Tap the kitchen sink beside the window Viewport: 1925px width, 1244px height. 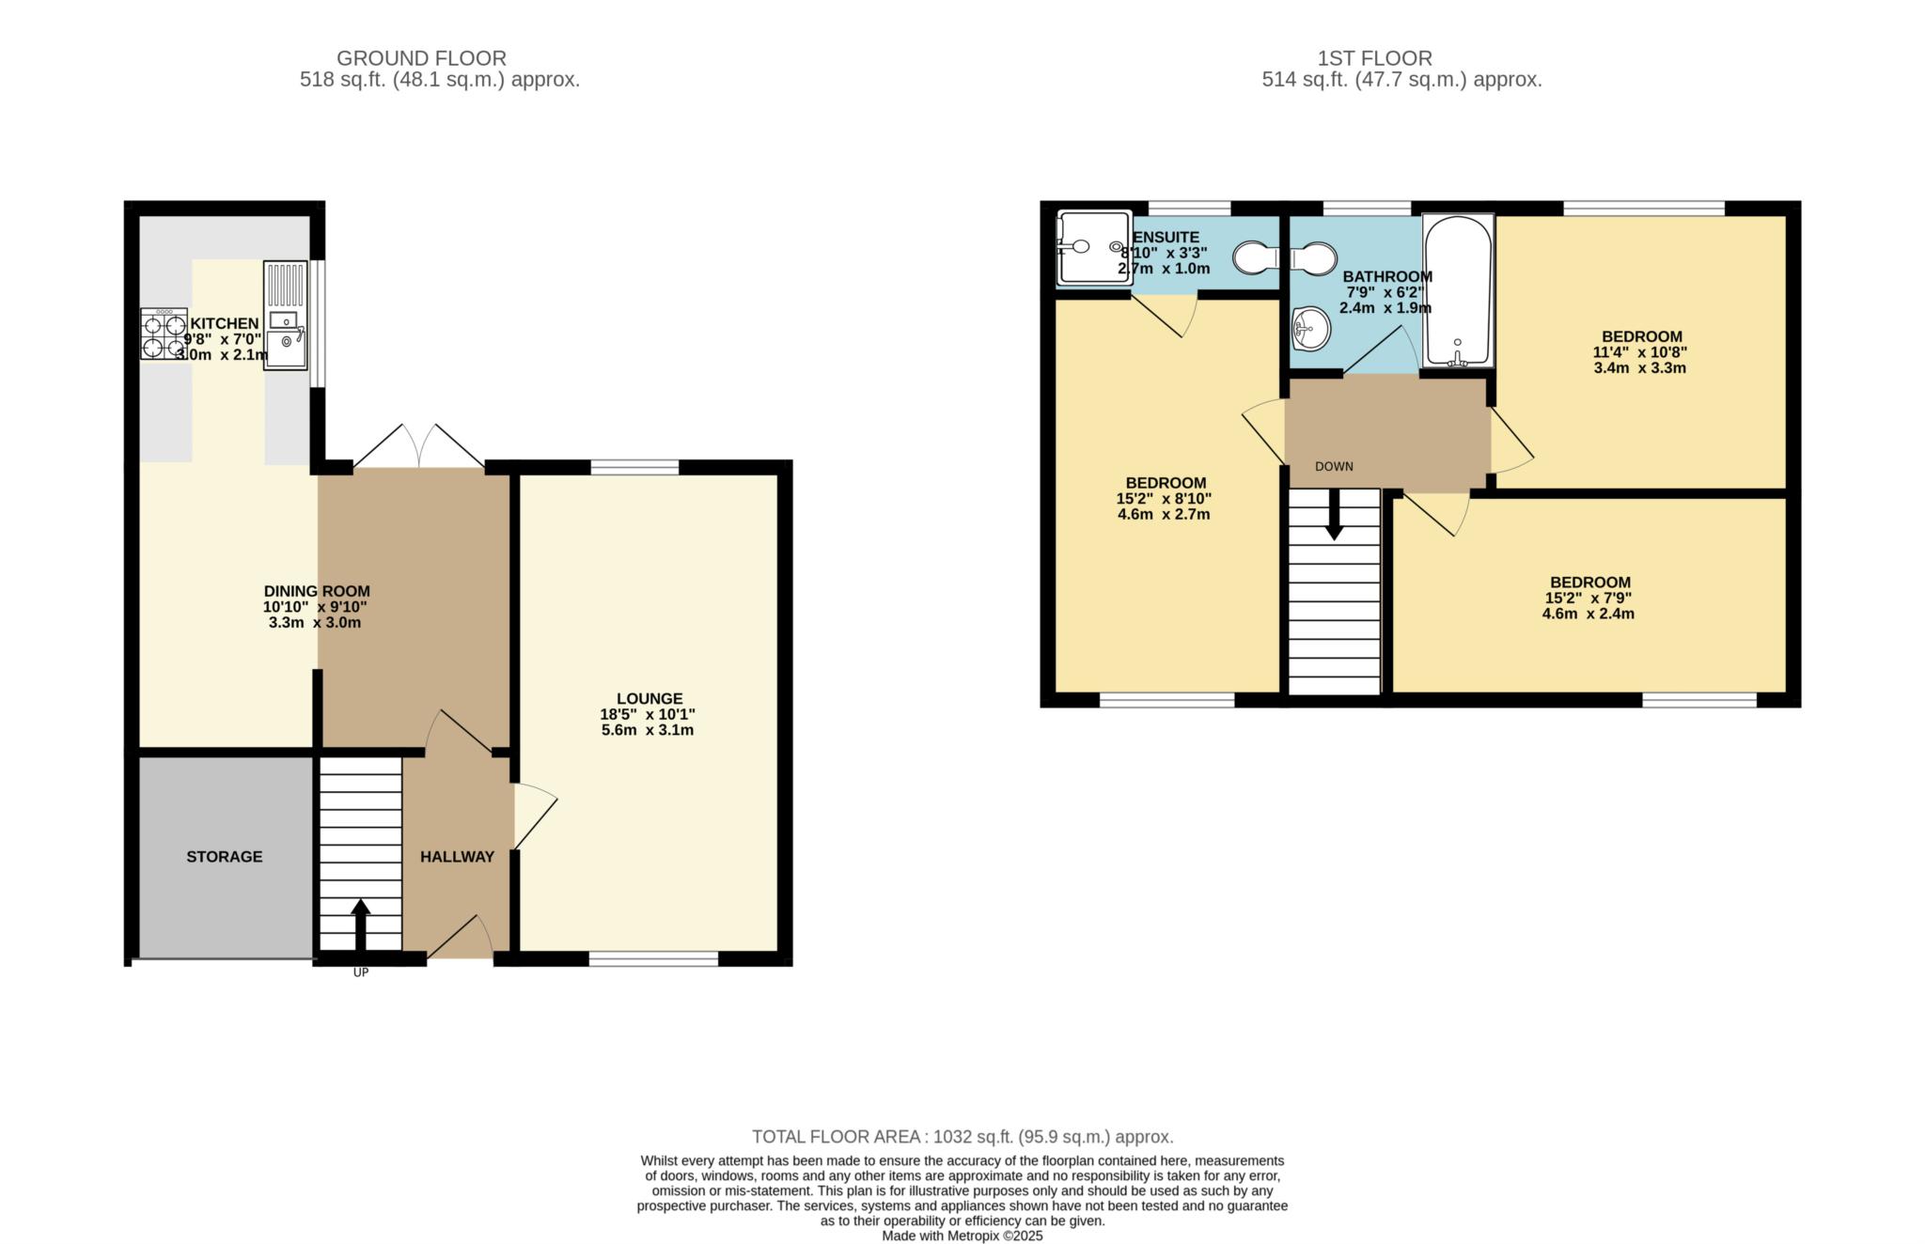coord(286,315)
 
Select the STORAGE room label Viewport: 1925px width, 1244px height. coord(225,857)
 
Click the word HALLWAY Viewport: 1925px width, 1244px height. coord(457,857)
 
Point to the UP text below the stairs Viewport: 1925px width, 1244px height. coord(361,972)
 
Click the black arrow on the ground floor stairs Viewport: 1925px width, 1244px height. coord(360,925)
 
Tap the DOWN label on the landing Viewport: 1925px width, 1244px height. coord(1334,467)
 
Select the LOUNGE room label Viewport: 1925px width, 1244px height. coord(649,698)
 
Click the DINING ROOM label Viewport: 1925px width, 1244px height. coord(317,591)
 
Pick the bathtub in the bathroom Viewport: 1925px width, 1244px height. coord(1458,290)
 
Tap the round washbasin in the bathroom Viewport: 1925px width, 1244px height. coord(1311,329)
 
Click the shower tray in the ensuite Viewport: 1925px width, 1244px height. coord(1095,247)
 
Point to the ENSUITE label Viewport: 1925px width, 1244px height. coord(1166,238)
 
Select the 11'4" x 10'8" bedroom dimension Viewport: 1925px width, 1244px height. coord(1640,352)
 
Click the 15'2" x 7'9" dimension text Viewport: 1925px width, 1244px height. coord(1589,598)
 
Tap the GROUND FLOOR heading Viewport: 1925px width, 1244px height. coord(421,58)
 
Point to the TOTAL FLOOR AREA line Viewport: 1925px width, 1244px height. coord(962,1137)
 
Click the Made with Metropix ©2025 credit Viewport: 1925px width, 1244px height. coord(962,1236)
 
